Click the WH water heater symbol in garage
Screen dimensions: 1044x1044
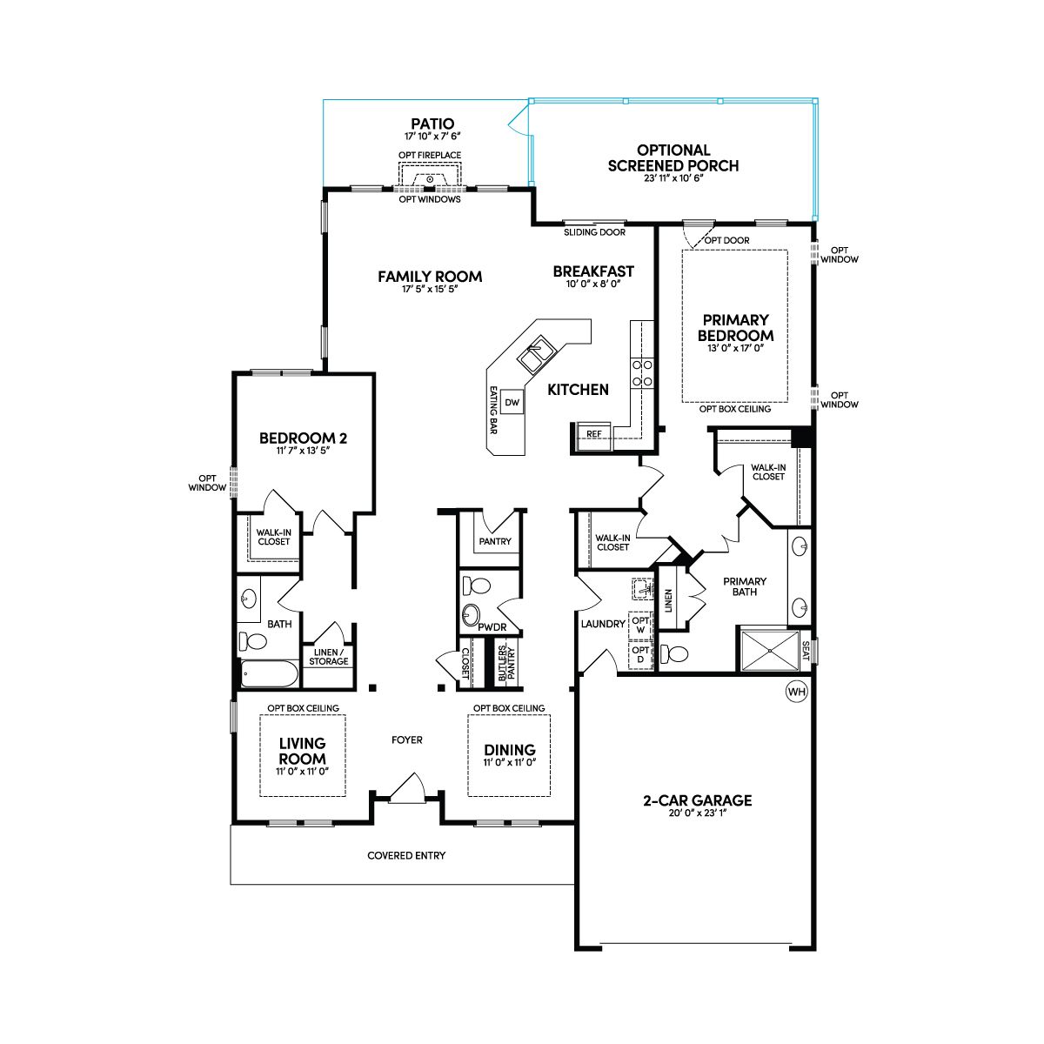(796, 692)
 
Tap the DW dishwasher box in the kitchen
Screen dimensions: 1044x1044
(512, 402)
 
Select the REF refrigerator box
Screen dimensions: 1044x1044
(594, 435)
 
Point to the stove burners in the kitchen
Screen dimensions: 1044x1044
(642, 373)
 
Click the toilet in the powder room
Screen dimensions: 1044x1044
(476, 586)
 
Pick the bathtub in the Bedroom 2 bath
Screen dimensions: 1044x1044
(269, 674)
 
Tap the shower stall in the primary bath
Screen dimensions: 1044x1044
(769, 651)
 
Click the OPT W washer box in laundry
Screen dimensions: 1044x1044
(640, 626)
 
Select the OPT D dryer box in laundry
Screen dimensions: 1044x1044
(640, 654)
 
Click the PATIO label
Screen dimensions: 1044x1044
(432, 124)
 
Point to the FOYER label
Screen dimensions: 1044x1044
(407, 740)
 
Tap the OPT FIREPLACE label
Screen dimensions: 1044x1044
(430, 156)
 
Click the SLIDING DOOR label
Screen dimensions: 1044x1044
(594, 232)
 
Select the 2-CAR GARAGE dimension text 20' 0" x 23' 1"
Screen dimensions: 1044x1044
(697, 813)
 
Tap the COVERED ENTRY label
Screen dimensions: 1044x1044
(406, 855)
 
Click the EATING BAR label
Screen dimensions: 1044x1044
(493, 410)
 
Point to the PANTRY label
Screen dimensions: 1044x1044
(495, 541)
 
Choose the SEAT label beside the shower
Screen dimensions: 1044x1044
(806, 651)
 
